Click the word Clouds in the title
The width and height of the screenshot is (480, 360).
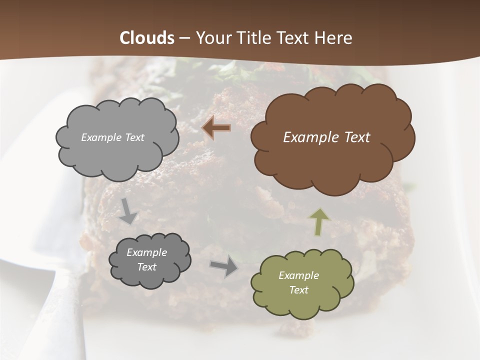[x=147, y=38]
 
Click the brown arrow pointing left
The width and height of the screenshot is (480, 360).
[x=216, y=128]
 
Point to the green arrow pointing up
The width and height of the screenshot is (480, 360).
[x=320, y=221]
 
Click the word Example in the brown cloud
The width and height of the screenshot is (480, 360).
[x=312, y=137]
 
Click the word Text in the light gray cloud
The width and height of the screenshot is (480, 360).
[x=134, y=137]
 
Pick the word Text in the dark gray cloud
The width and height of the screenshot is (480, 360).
[x=146, y=267]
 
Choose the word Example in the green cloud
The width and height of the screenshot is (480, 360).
[x=298, y=275]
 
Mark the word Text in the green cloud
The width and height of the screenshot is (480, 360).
[x=298, y=290]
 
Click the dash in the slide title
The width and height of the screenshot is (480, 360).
[x=184, y=38]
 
